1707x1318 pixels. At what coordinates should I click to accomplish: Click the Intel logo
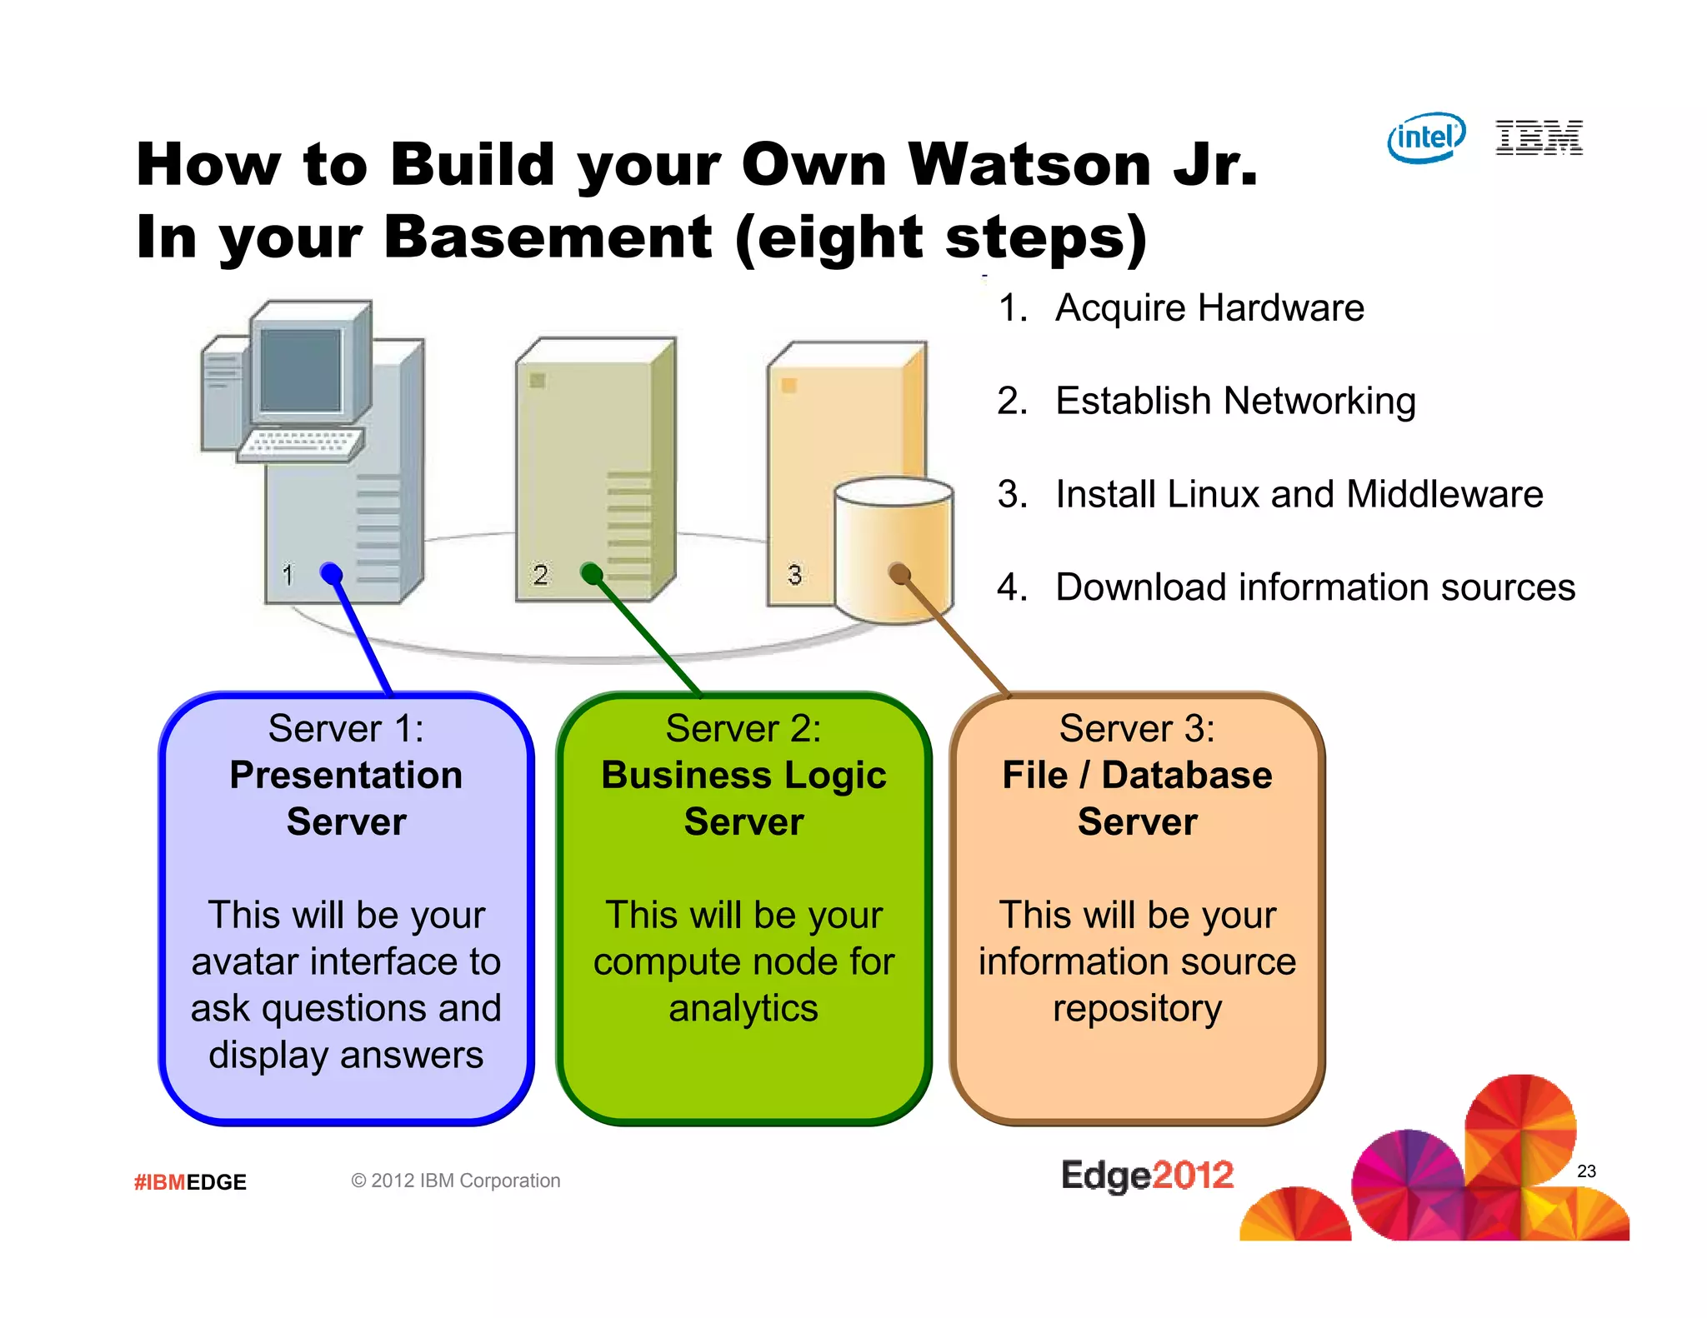(1426, 137)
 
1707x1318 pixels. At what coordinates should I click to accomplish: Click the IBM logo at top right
(1539, 137)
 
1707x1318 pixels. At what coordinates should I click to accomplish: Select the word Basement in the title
(548, 237)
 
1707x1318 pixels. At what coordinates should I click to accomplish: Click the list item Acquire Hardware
(1209, 308)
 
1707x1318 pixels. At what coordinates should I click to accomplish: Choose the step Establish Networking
(1234, 402)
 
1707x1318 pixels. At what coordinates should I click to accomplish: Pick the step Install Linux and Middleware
(1299, 494)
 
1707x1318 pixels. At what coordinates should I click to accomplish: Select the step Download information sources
(1314, 587)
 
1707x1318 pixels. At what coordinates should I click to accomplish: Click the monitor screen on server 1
(301, 369)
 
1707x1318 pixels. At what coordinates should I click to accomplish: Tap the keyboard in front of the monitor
(301, 443)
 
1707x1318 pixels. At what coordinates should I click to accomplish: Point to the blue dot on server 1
(331, 573)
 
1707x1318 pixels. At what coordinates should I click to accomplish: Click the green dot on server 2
(591, 573)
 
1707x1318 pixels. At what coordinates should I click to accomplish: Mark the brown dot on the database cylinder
(899, 572)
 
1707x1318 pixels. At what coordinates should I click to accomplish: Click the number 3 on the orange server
(794, 575)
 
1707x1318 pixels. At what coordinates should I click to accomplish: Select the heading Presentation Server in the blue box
(346, 798)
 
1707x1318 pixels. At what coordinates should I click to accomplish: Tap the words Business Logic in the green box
(743, 776)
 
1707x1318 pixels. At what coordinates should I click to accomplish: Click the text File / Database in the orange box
(1137, 776)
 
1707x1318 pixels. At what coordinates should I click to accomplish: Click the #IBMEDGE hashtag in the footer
(190, 1182)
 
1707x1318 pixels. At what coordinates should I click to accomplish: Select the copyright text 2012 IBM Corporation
(456, 1181)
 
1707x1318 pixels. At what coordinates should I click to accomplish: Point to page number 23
(1586, 1171)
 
